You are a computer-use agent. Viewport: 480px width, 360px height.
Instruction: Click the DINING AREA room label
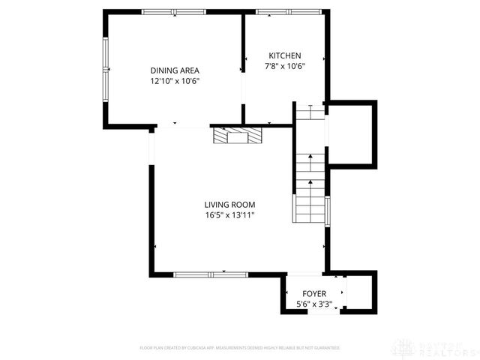tap(174, 70)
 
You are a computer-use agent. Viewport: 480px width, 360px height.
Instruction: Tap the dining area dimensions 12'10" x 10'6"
tap(174, 81)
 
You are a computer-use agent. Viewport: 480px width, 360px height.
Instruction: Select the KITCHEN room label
tap(285, 55)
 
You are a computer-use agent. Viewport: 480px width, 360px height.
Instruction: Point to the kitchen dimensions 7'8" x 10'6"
tap(285, 66)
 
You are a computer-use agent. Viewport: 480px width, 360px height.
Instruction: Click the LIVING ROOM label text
tap(229, 205)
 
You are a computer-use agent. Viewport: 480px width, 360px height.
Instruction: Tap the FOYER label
tap(313, 293)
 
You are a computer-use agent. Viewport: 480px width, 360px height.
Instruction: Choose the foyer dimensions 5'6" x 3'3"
tap(313, 304)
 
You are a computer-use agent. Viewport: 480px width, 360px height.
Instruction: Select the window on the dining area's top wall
tap(174, 12)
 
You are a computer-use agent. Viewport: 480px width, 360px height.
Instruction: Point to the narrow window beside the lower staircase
tap(326, 210)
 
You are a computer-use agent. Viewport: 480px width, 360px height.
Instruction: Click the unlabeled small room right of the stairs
tap(350, 135)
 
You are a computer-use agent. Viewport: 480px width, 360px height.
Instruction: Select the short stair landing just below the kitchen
tap(309, 112)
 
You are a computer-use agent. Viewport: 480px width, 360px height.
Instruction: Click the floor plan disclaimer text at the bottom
tap(239, 348)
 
